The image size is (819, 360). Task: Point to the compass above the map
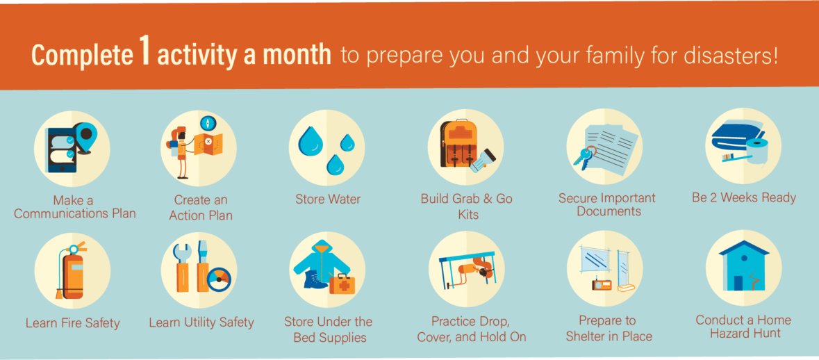208,123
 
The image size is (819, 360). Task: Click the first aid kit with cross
342,285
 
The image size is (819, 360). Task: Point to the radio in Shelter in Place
601,285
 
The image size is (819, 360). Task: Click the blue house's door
738,283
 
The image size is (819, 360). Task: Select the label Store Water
327,199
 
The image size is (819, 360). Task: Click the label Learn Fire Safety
73,323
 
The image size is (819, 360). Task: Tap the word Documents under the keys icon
609,211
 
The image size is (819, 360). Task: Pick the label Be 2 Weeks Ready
744,197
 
